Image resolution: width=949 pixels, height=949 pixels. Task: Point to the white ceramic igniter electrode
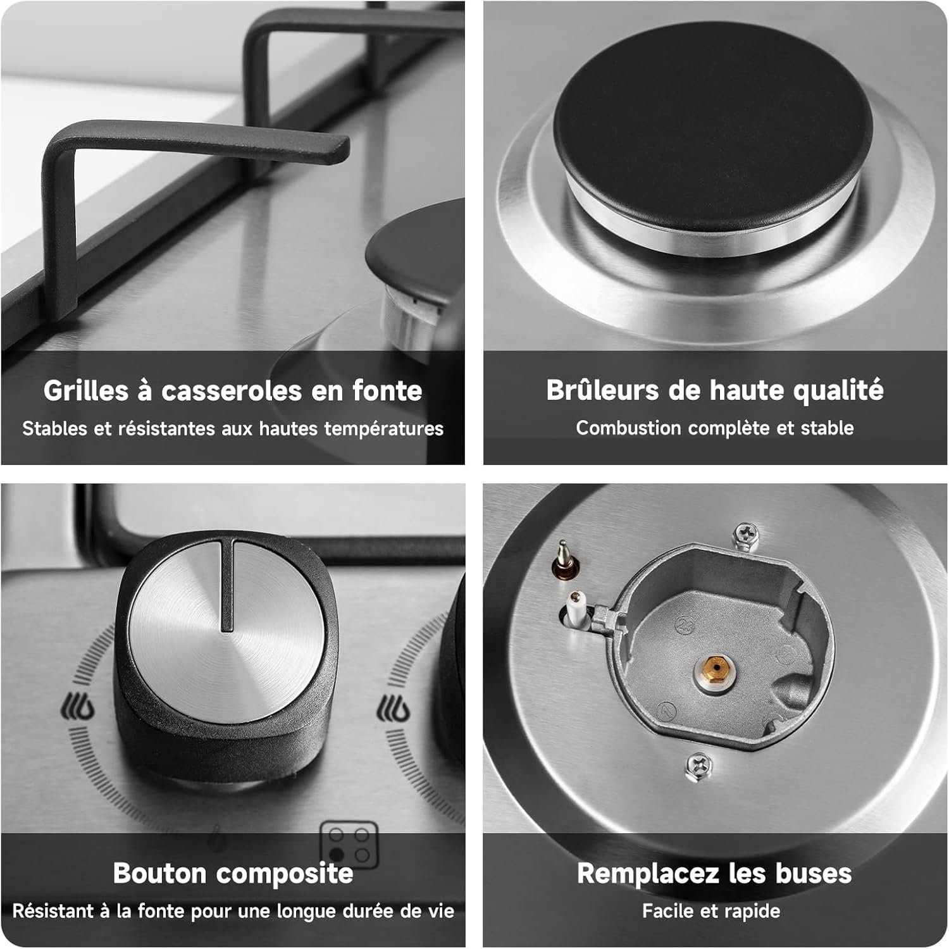[x=578, y=609]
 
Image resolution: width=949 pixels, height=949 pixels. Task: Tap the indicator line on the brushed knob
[x=226, y=585]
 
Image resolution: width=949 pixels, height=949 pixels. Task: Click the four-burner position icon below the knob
[x=349, y=845]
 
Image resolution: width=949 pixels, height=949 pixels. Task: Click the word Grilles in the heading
[x=86, y=391]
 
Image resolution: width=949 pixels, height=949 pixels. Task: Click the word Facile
[x=667, y=911]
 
